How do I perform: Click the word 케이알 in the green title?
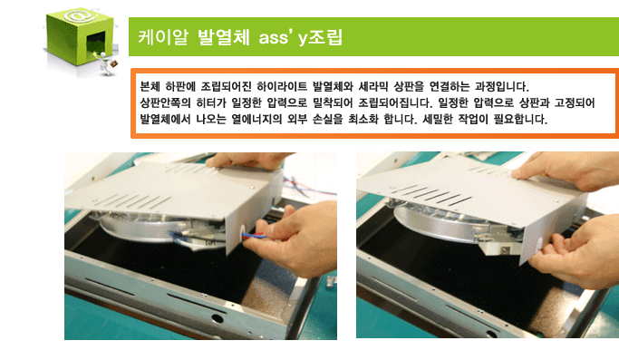click(163, 37)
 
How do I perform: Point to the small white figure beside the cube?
click(105, 63)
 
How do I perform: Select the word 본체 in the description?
click(150, 86)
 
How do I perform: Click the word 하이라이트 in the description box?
click(282, 86)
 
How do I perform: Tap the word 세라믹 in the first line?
click(373, 86)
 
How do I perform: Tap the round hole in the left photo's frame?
click(217, 317)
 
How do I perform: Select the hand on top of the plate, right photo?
click(567, 170)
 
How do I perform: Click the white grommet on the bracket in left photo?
click(242, 230)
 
